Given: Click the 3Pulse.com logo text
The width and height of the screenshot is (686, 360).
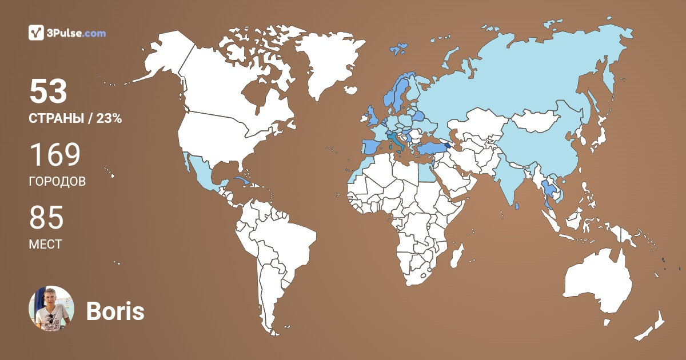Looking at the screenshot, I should (77, 33).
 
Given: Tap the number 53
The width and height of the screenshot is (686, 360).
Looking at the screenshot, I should (49, 91).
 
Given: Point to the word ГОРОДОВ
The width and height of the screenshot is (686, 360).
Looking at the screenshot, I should (57, 182).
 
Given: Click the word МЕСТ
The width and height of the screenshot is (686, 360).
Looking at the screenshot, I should (45, 245).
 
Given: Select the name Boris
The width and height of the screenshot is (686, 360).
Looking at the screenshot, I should (115, 311).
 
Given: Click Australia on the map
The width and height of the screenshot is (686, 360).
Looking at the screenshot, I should (597, 283).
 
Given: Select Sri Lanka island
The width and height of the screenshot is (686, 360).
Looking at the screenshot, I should (517, 206).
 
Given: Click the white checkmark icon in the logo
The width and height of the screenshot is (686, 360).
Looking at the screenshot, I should (37, 33).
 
